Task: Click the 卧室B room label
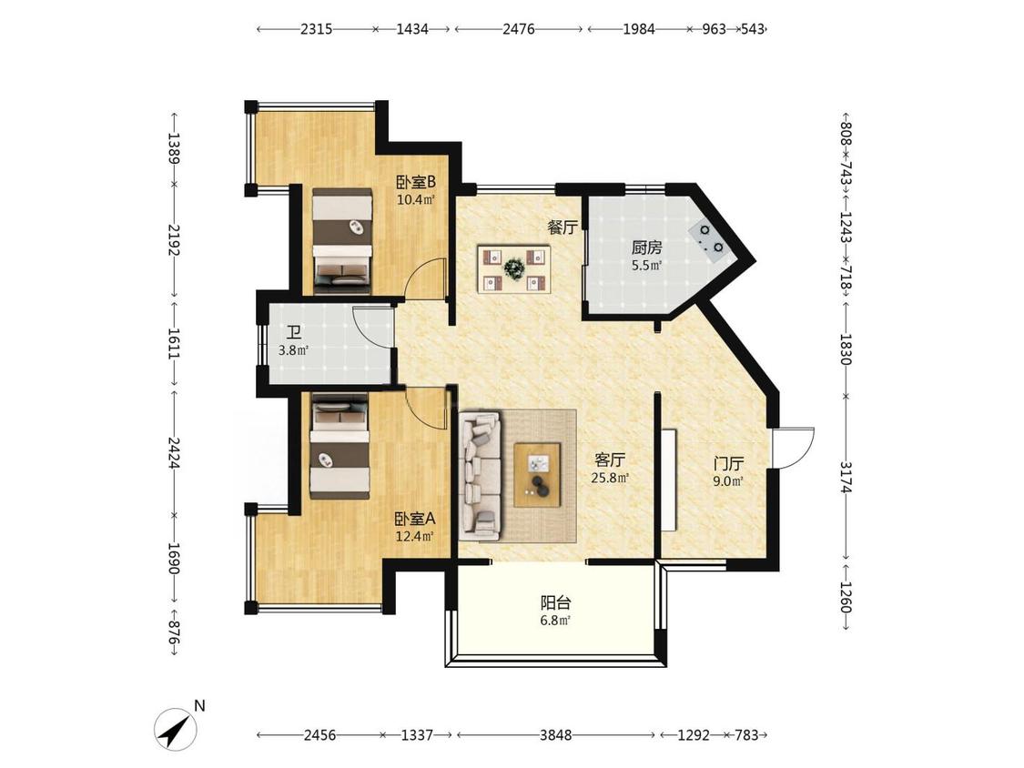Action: pyautogui.click(x=416, y=182)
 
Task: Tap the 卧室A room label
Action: pyautogui.click(x=415, y=520)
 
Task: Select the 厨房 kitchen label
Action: pyautogui.click(x=646, y=248)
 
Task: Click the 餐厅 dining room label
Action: pyautogui.click(x=563, y=227)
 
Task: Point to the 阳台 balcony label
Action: pyautogui.click(x=556, y=602)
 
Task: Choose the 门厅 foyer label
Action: pyautogui.click(x=728, y=464)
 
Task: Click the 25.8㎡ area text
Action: pyautogui.click(x=610, y=479)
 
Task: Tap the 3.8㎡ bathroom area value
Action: pyautogui.click(x=293, y=350)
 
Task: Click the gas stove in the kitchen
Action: pyautogui.click(x=709, y=239)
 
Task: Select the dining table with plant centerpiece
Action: pyautogui.click(x=514, y=269)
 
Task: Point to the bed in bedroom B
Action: pyautogui.click(x=341, y=239)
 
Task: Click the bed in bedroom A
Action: pyautogui.click(x=340, y=446)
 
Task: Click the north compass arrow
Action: pyautogui.click(x=176, y=729)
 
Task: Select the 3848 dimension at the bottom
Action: pyautogui.click(x=556, y=735)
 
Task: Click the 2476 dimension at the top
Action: pyautogui.click(x=519, y=29)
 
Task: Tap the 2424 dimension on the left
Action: pyautogui.click(x=174, y=453)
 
